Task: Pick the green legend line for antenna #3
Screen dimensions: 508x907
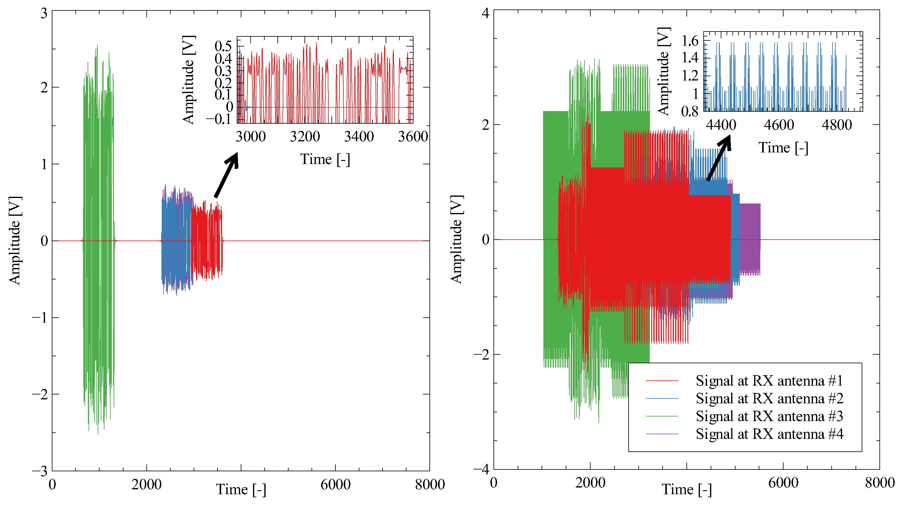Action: (662, 416)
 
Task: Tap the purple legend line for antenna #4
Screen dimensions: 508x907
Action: (662, 434)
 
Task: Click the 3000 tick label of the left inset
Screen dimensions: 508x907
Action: (250, 137)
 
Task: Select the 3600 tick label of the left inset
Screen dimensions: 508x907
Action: (413, 137)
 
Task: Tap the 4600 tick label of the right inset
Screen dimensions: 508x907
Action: (779, 125)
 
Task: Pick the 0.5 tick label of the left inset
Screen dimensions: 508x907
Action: (223, 46)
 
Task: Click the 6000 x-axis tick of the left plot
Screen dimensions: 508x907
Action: (335, 485)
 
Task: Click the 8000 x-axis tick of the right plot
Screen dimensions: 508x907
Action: (879, 483)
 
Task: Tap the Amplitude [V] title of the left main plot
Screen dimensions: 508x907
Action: (15, 240)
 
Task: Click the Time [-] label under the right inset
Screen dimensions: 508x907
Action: (783, 148)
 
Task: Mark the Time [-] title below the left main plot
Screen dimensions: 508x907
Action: (241, 489)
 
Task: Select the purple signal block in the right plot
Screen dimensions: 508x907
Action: (750, 239)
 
